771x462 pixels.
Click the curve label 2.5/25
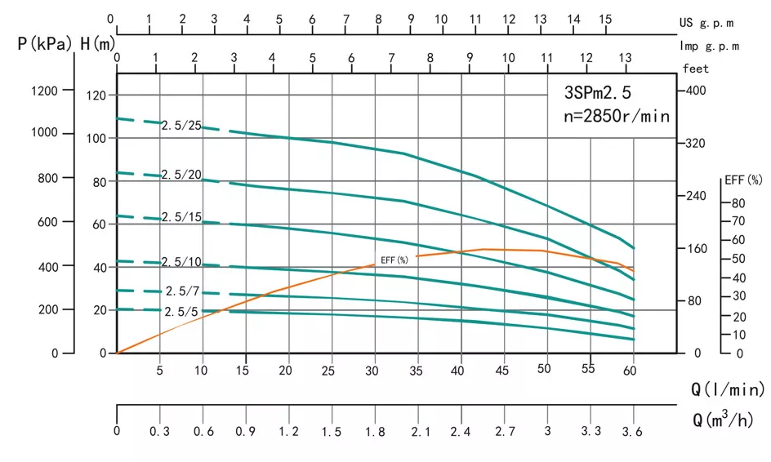180,125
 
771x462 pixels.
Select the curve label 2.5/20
180,175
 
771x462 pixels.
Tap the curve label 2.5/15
180,217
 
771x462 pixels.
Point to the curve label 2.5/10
180,262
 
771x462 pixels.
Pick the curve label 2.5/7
182,291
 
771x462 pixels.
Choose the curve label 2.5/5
182,312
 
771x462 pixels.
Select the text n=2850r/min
617,116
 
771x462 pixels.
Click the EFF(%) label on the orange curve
394,260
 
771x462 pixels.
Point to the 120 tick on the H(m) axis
96,96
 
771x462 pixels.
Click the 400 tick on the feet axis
694,91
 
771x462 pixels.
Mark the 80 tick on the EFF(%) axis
737,202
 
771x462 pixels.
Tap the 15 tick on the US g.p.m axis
604,19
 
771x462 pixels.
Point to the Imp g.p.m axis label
709,47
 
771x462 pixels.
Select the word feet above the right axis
696,69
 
